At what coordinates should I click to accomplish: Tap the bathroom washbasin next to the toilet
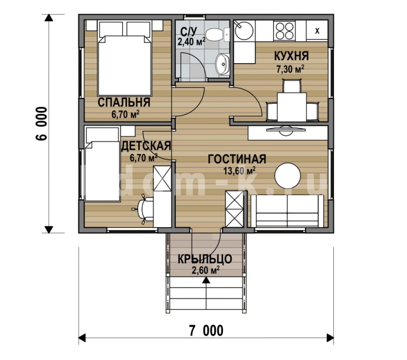click(223, 64)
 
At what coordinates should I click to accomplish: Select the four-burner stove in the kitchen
click(285, 31)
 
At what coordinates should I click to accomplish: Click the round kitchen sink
click(244, 31)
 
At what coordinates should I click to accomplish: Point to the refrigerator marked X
click(317, 31)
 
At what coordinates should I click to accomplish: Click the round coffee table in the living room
click(288, 176)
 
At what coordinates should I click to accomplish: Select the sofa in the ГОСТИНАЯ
click(288, 211)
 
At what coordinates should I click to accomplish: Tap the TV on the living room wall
click(285, 130)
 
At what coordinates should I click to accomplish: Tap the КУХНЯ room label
click(291, 56)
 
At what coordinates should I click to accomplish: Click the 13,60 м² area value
click(239, 171)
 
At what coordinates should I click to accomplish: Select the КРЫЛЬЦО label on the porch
click(205, 259)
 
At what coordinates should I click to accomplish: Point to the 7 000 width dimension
click(206, 330)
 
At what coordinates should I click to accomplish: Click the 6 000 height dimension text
click(41, 123)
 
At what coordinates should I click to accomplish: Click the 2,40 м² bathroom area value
click(191, 41)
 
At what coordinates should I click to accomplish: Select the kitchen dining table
click(292, 107)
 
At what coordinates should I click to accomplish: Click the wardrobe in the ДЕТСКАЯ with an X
click(162, 179)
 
